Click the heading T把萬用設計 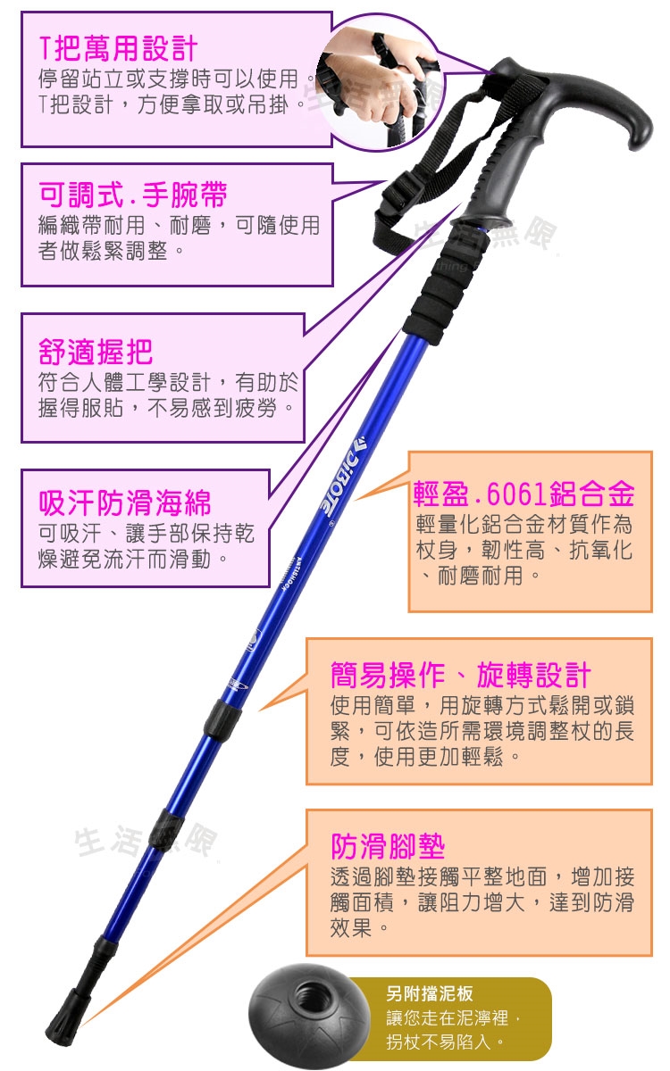[x=118, y=49]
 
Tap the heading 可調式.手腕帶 [x=133, y=195]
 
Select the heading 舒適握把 [x=96, y=352]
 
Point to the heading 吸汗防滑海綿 [x=125, y=503]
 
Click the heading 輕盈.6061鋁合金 [x=524, y=494]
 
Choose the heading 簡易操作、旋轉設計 [x=461, y=675]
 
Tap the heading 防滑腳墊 [x=388, y=846]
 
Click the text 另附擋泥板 [x=430, y=993]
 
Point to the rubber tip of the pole [x=67, y=1013]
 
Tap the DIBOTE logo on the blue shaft [x=343, y=475]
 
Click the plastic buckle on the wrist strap [x=399, y=193]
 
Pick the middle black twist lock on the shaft [x=166, y=833]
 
